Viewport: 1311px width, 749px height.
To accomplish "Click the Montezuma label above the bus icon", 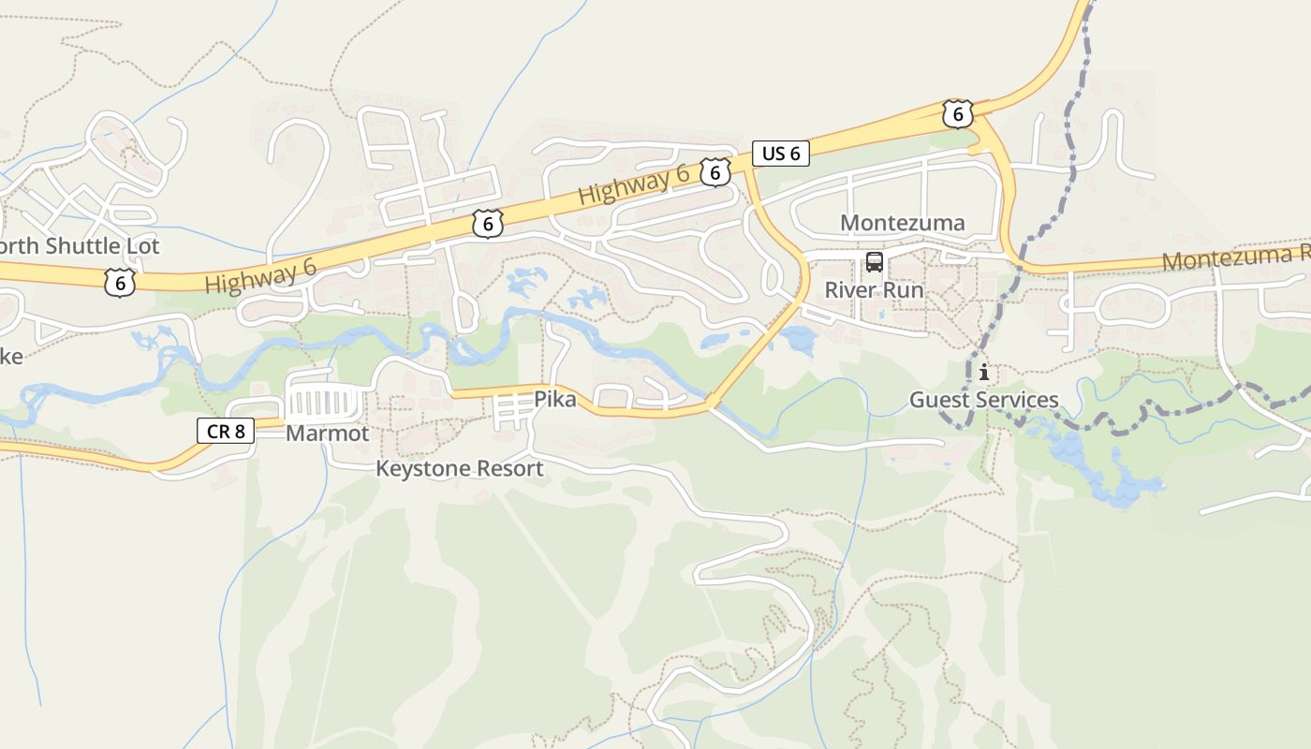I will (902, 223).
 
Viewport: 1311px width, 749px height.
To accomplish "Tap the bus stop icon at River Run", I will (875, 262).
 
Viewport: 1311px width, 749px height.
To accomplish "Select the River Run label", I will (874, 290).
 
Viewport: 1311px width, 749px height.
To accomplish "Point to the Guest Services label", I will (984, 401).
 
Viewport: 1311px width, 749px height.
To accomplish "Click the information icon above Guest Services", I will (984, 373).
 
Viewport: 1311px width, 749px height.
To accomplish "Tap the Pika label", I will (555, 399).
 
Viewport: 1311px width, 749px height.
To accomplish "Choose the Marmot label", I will (327, 433).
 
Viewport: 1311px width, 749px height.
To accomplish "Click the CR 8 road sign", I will (226, 431).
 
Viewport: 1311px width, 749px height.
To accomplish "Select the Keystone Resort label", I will (459, 468).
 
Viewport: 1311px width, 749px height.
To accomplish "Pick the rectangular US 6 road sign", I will (780, 154).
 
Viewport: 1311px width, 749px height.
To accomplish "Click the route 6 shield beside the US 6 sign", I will (714, 171).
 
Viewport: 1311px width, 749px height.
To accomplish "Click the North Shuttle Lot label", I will (79, 246).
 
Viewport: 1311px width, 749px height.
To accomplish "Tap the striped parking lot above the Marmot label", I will (323, 405).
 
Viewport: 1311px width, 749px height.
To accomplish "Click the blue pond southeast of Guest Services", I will (1105, 473).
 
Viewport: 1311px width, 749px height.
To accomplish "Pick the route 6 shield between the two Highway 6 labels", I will (488, 224).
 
